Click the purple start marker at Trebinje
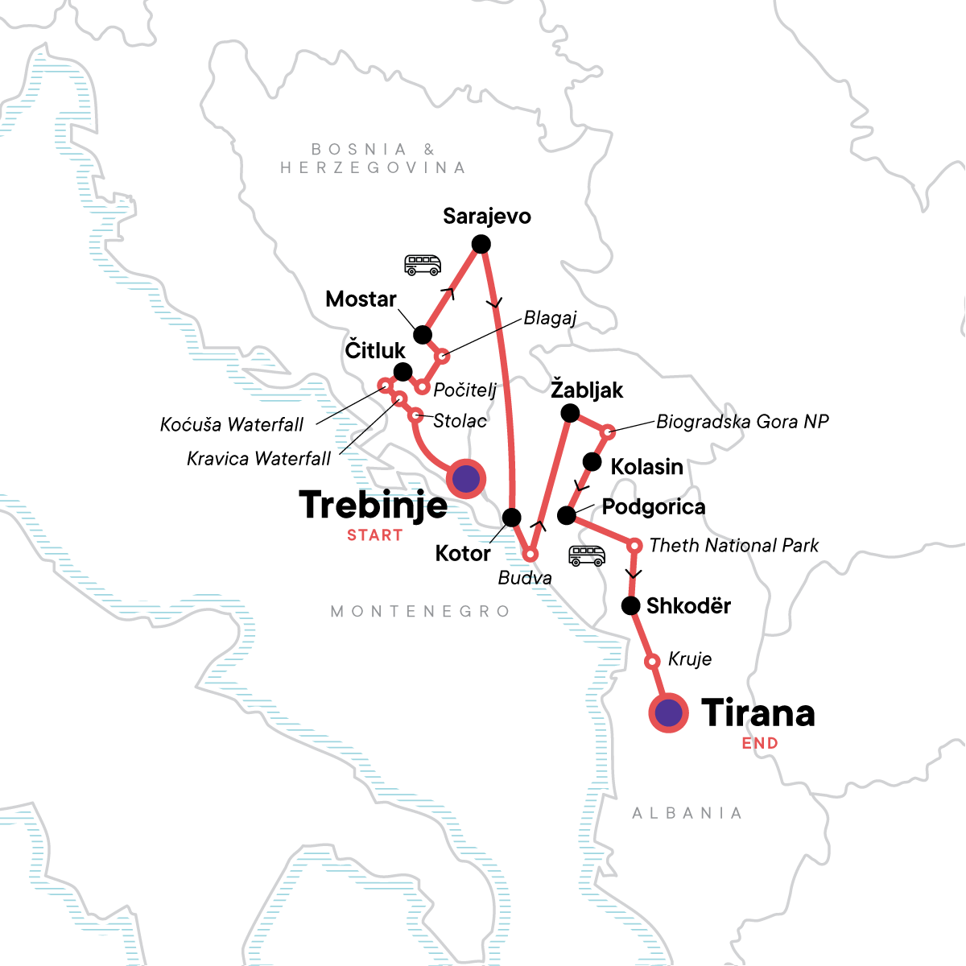click(x=466, y=479)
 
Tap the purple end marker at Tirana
click(x=668, y=712)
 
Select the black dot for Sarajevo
click(x=481, y=244)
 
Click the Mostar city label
click(x=361, y=299)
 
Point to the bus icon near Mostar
click(x=423, y=265)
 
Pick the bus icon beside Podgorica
click(x=587, y=555)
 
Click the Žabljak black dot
click(x=569, y=414)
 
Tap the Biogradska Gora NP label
click(x=742, y=422)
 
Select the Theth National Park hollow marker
click(x=634, y=546)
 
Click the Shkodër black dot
click(x=631, y=605)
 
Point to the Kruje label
click(x=690, y=659)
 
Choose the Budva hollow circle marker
click(x=530, y=555)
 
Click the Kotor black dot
click(x=511, y=517)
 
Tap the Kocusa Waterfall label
click(x=232, y=425)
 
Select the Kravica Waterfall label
click(x=258, y=459)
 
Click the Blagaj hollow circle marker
click(x=442, y=356)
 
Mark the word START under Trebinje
click(x=374, y=535)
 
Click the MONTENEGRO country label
click(x=420, y=612)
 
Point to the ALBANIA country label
click(x=687, y=813)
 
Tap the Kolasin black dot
click(x=592, y=462)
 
